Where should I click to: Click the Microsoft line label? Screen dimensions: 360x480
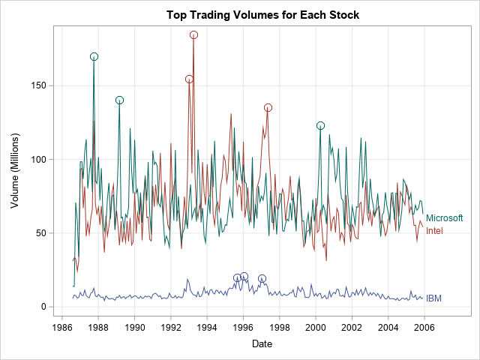click(x=445, y=218)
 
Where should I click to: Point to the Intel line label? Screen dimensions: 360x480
click(x=434, y=231)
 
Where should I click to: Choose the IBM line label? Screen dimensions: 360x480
click(x=433, y=298)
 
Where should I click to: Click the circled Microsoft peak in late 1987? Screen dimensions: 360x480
click(x=94, y=56)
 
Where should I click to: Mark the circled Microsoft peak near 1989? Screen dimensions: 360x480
click(x=119, y=100)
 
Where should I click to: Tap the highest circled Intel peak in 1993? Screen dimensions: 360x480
click(x=193, y=34)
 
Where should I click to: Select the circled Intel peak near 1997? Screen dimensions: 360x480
click(x=268, y=107)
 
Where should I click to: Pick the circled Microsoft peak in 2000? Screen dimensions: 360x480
click(x=320, y=125)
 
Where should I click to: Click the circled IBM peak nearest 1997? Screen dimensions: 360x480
click(x=262, y=278)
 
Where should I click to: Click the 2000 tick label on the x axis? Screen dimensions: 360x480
click(x=316, y=327)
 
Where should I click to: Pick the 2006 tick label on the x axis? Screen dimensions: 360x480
click(x=424, y=327)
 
